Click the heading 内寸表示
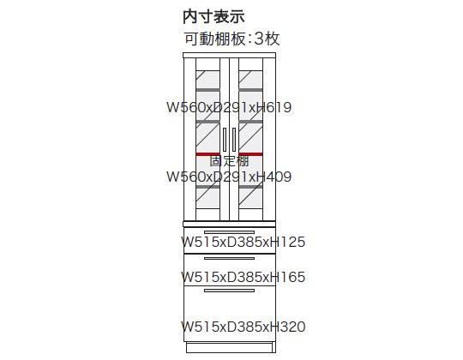point(213,16)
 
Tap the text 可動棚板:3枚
point(231,39)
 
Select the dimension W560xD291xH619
point(229,107)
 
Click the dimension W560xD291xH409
point(229,177)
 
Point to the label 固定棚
point(229,161)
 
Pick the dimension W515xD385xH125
point(243,242)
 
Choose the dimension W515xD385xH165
point(243,277)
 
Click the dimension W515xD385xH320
point(243,327)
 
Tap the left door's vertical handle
point(225,140)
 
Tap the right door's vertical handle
point(234,140)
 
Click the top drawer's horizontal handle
point(229,232)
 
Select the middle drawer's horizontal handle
point(229,259)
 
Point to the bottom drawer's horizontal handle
point(229,291)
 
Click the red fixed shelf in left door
point(207,154)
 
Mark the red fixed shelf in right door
point(250,154)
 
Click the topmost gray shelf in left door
point(207,90)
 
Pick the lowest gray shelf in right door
point(250,187)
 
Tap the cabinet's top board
point(230,56)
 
